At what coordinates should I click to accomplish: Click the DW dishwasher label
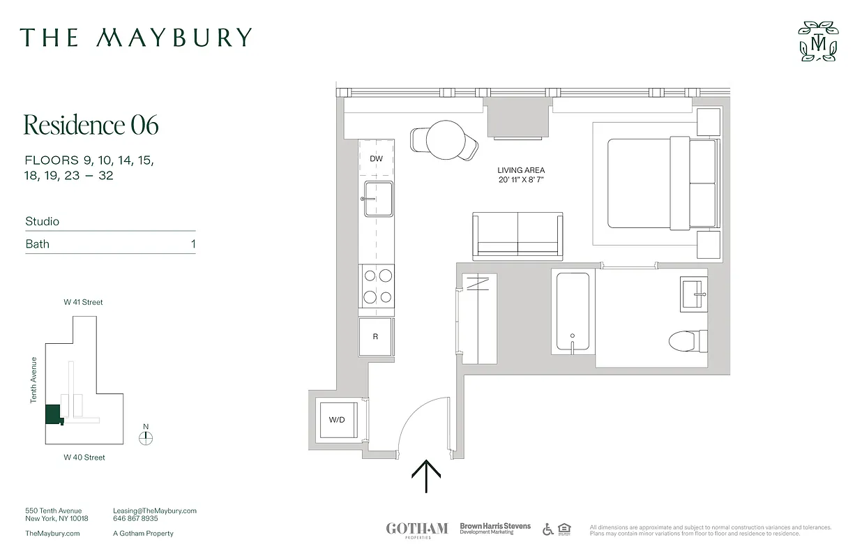pyautogui.click(x=376, y=159)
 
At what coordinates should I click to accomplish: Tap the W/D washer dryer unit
pyautogui.click(x=338, y=420)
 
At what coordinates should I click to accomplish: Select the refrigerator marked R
pyautogui.click(x=376, y=337)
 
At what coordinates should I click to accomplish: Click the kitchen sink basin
pyautogui.click(x=377, y=199)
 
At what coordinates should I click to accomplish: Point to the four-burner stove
pyautogui.click(x=377, y=286)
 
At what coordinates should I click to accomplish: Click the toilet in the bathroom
pyautogui.click(x=688, y=341)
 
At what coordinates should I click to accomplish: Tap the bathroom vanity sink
pyautogui.click(x=694, y=294)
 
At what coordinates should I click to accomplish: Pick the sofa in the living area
pyautogui.click(x=517, y=235)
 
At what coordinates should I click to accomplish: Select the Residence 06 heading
pyautogui.click(x=91, y=125)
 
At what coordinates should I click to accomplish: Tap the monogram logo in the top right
pyautogui.click(x=817, y=42)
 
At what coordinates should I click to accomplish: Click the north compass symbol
pyautogui.click(x=145, y=438)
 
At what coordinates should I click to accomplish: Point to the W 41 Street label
pyautogui.click(x=84, y=302)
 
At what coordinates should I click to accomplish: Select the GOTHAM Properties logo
pyautogui.click(x=416, y=530)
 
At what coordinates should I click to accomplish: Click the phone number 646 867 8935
pyautogui.click(x=135, y=519)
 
